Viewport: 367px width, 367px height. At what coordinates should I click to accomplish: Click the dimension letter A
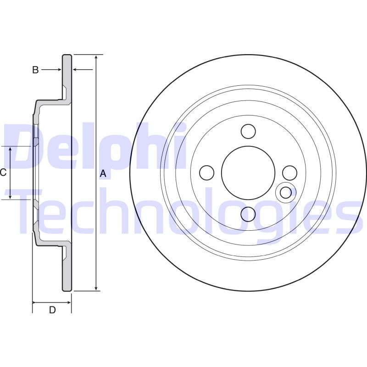103,173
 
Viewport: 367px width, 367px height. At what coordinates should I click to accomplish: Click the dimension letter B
35,70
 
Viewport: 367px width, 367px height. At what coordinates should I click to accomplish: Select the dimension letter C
3,172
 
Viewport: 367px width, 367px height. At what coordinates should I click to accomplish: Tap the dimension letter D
52,310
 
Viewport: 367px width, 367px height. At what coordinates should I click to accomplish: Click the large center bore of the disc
248,172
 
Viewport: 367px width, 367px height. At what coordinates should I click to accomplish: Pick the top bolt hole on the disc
248,131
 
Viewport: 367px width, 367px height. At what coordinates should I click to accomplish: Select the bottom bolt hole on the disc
248,214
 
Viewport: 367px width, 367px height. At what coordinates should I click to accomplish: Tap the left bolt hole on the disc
207,172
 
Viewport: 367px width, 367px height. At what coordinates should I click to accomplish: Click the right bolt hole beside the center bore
289,172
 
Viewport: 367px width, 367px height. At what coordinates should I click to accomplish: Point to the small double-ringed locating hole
286,192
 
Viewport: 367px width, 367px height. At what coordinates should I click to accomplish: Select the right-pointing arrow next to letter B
58,70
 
